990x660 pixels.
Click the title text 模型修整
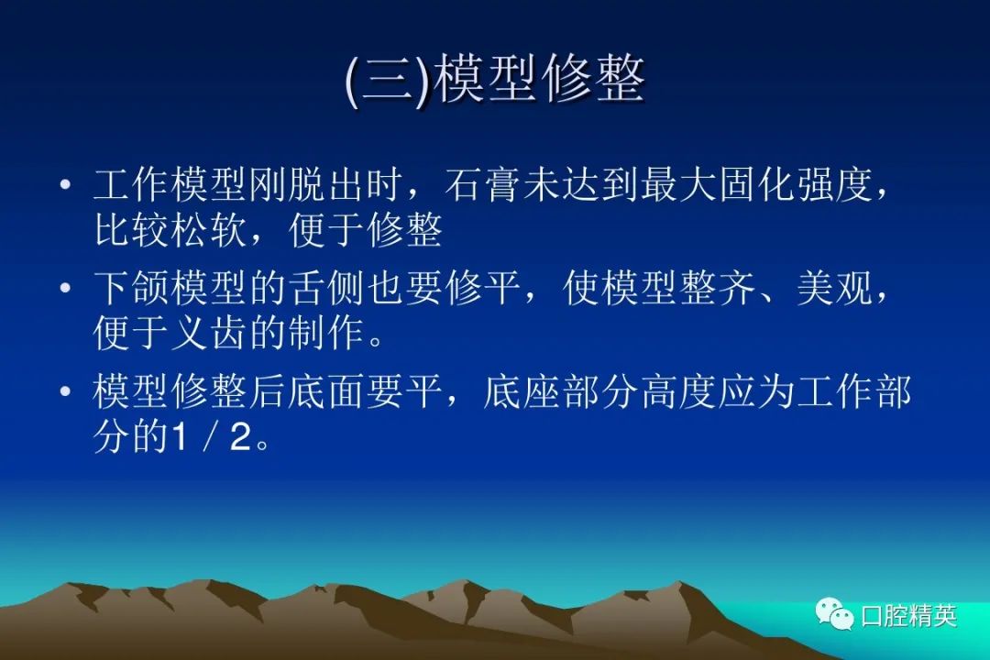click(541, 80)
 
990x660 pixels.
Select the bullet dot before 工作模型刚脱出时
click(66, 185)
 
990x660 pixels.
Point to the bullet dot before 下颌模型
click(66, 289)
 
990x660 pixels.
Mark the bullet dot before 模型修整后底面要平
click(66, 391)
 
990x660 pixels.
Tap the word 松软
click(210, 229)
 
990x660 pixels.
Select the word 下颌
click(132, 288)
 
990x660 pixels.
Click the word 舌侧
click(327, 288)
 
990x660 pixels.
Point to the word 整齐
click(719, 288)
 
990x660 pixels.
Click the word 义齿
click(210, 333)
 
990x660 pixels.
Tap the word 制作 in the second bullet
click(327, 333)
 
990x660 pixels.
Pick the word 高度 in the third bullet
click(679, 391)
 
